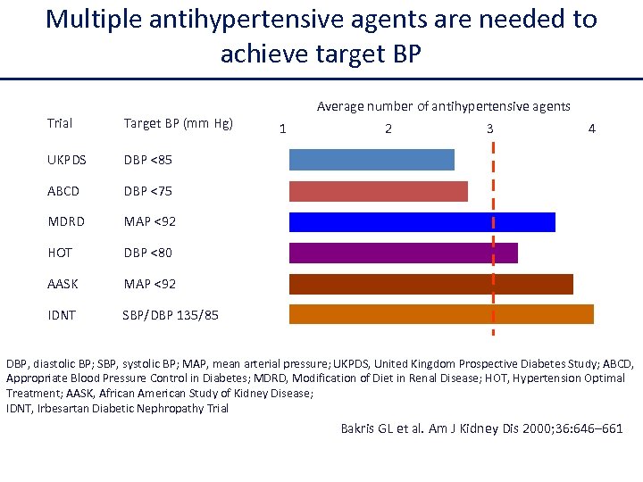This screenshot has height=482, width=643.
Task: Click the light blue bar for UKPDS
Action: (372, 160)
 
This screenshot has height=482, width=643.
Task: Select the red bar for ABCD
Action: (378, 191)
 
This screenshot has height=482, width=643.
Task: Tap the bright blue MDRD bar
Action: (422, 222)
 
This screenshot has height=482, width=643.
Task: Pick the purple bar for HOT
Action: (403, 253)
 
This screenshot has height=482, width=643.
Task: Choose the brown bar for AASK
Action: (430, 284)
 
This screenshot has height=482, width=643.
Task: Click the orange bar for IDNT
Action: (441, 314)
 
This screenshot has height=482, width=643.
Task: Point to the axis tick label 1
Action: (283, 129)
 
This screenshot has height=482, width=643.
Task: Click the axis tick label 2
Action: (388, 129)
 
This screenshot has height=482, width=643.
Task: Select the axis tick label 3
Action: (489, 129)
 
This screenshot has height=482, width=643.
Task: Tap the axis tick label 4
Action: (591, 129)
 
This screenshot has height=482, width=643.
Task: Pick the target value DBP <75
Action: (148, 191)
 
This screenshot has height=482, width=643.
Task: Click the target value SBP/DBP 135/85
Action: (171, 315)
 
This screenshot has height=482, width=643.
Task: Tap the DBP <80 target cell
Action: (148, 253)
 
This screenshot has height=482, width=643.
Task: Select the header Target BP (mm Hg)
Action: (179, 123)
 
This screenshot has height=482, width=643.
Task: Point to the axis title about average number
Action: (443, 106)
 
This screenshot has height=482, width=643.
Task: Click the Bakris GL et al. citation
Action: (481, 428)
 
